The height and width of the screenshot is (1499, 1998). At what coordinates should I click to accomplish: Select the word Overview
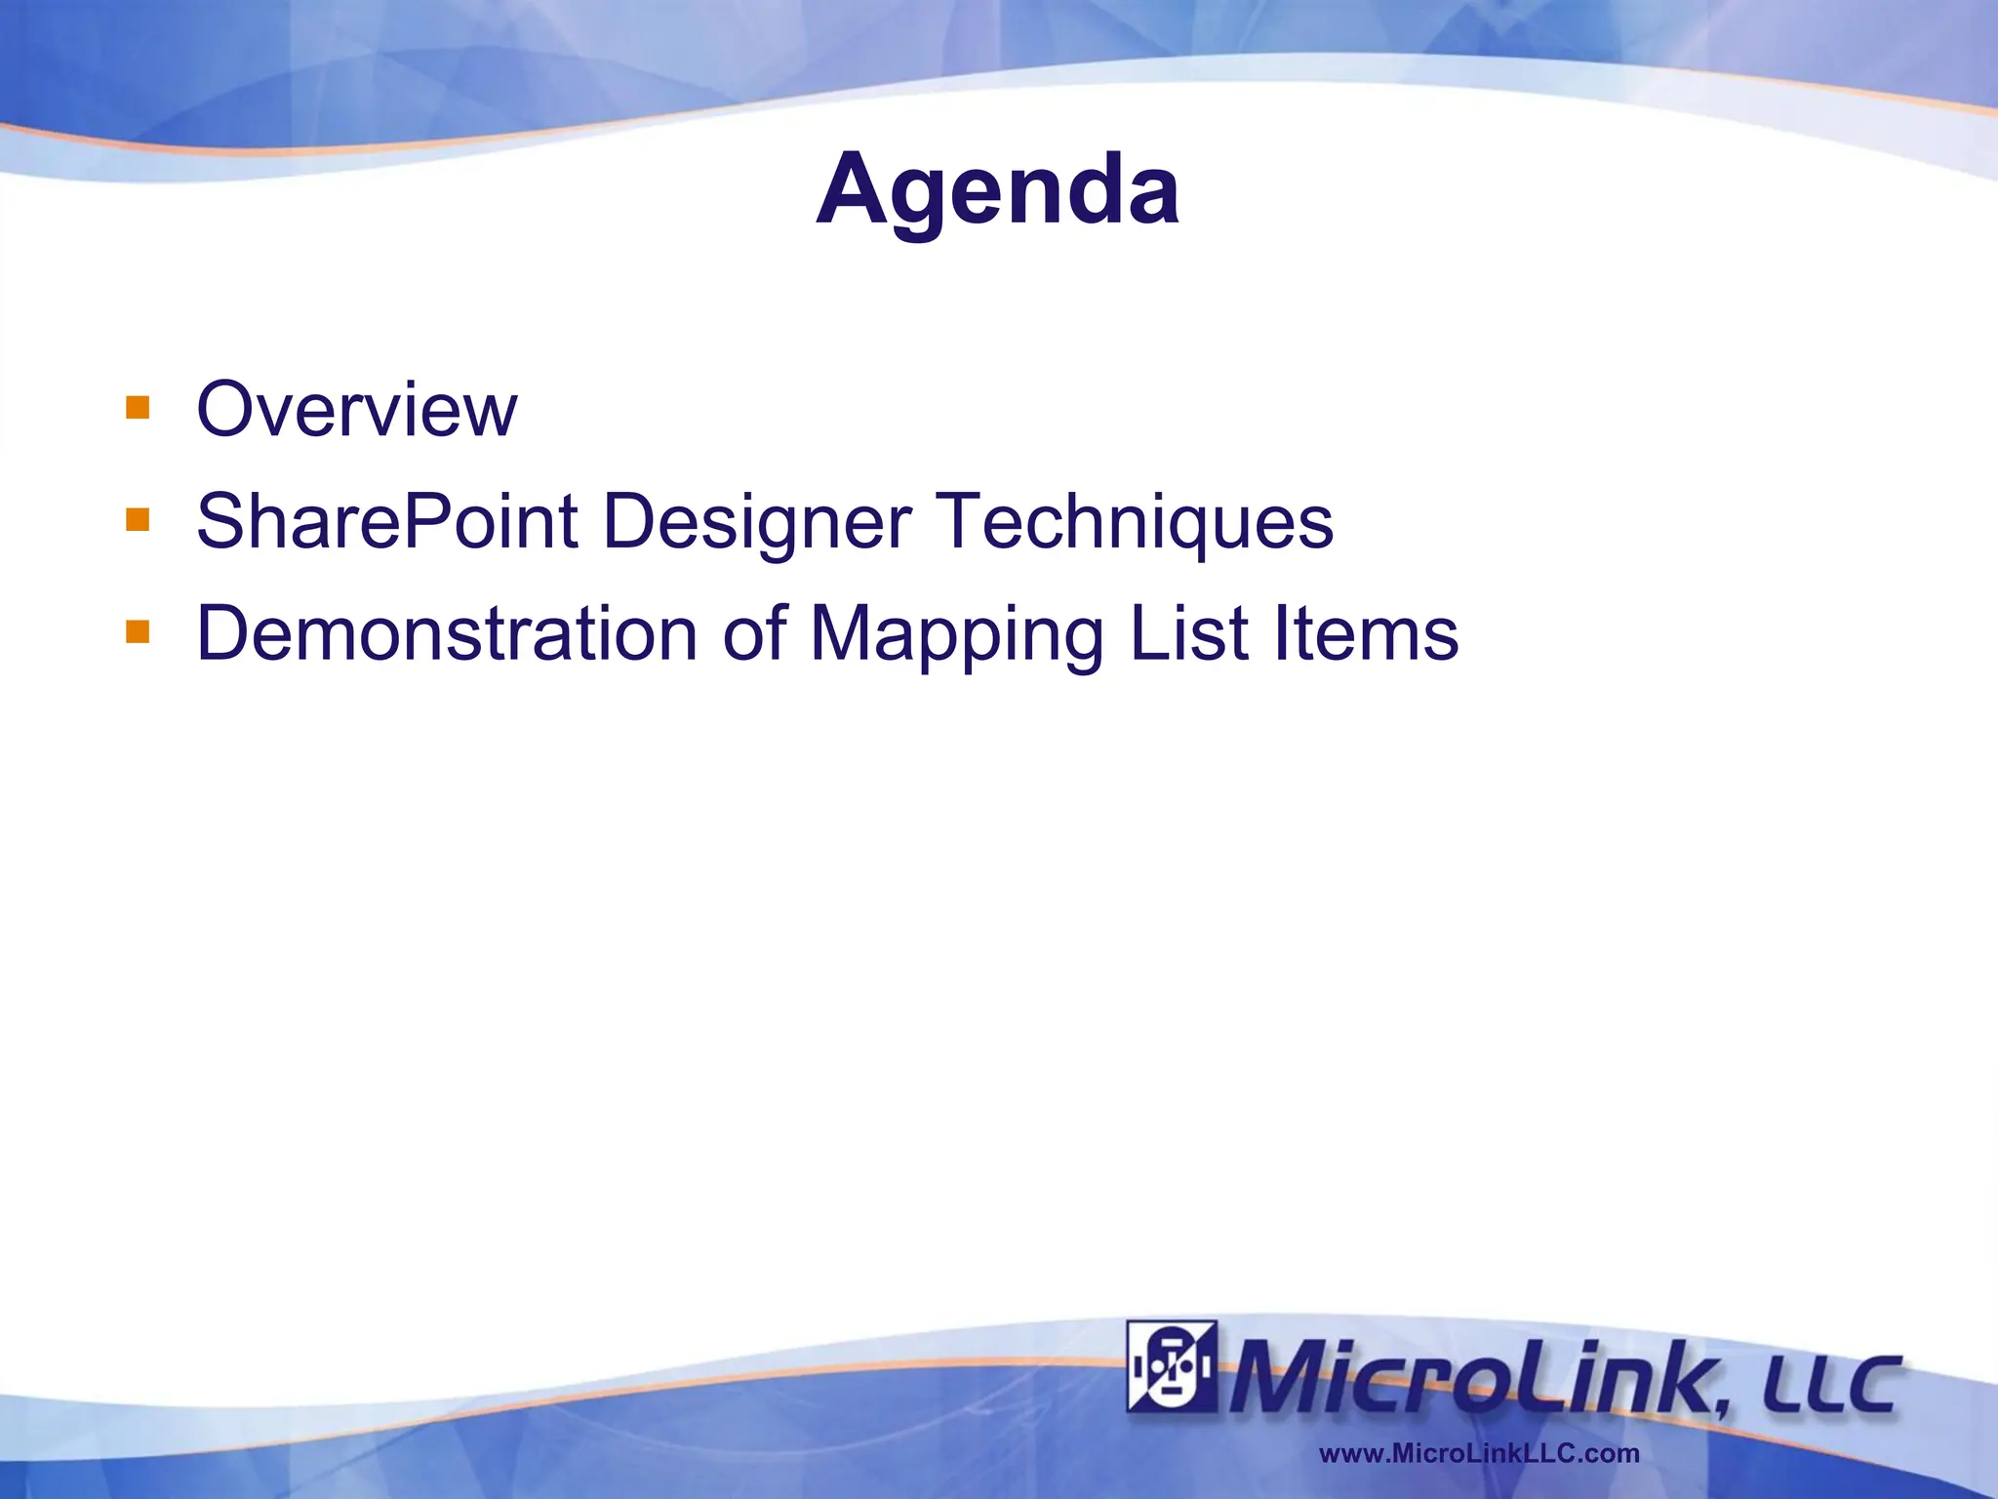click(x=356, y=410)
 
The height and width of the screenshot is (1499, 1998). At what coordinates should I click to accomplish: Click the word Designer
click(x=757, y=523)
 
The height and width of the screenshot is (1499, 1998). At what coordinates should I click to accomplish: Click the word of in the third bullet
click(x=754, y=634)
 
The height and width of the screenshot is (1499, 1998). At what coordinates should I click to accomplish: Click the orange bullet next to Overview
click(x=138, y=407)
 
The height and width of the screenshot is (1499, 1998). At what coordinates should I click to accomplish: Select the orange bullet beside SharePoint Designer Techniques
click(x=138, y=519)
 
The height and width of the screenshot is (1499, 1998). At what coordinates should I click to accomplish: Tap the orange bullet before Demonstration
click(x=138, y=632)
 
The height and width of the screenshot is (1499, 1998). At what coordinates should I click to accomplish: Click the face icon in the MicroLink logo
click(x=1172, y=1366)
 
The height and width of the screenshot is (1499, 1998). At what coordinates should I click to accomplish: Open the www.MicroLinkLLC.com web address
click(x=1479, y=1453)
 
